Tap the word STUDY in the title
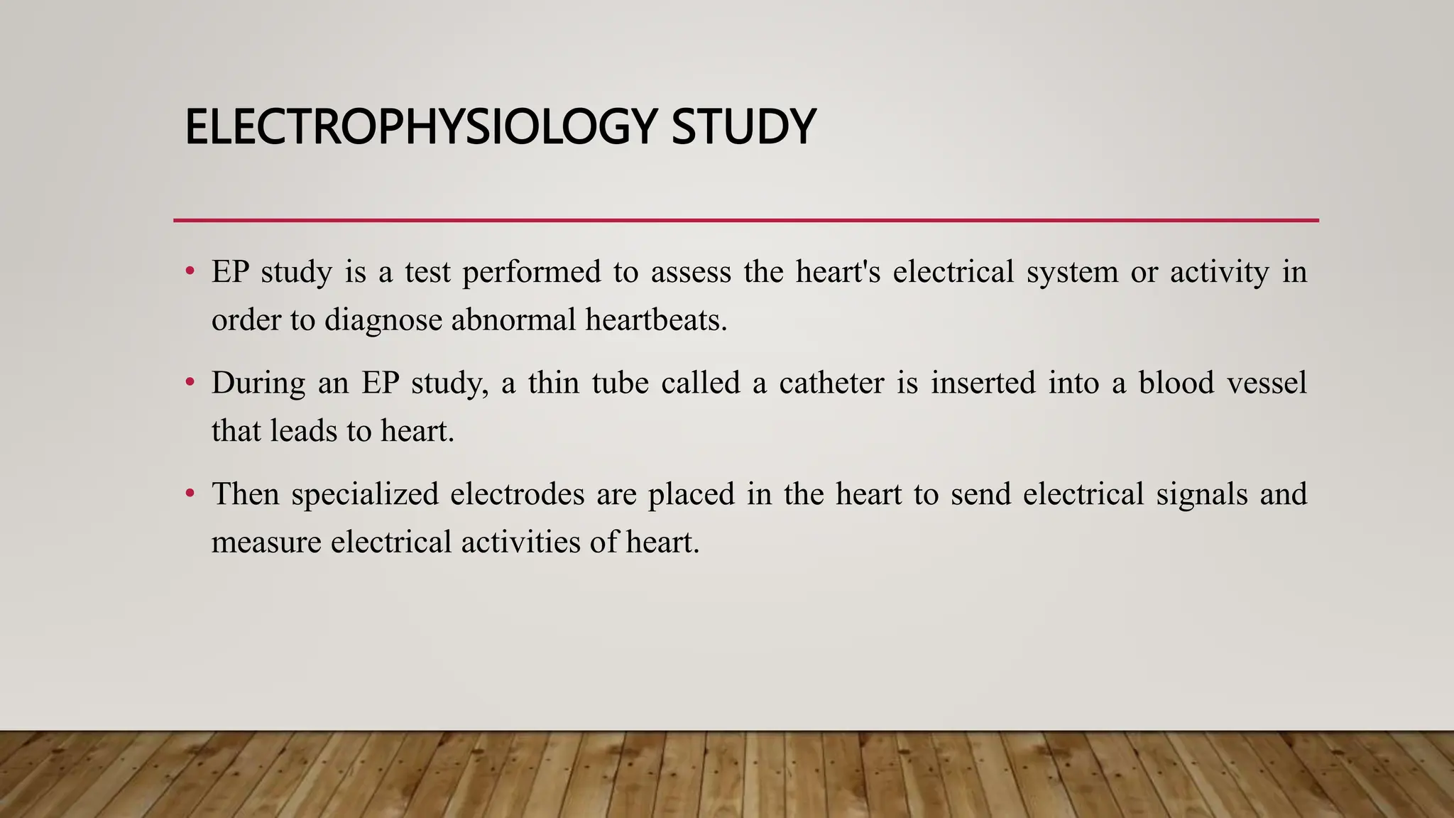coord(743,128)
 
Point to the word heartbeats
coord(656,320)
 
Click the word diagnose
coord(383,320)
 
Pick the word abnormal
coord(513,320)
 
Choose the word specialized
coord(365,494)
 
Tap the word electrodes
coord(517,494)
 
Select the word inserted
coord(983,383)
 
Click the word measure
coord(266,542)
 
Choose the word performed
coord(531,273)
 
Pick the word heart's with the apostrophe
coord(838,273)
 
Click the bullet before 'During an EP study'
coord(190,383)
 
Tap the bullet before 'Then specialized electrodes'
coord(190,493)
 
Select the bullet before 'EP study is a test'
coord(190,271)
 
